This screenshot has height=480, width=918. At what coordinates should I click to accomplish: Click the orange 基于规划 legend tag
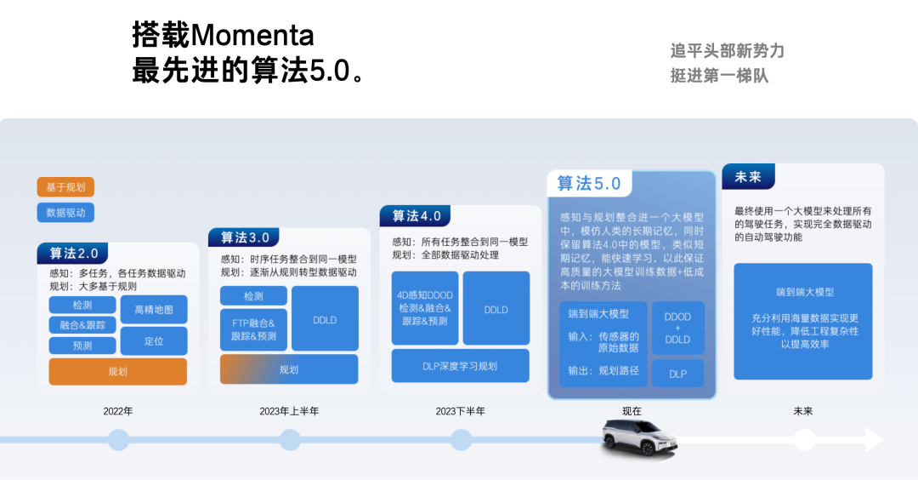pos(65,187)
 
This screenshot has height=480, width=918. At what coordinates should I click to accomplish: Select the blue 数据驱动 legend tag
pos(65,212)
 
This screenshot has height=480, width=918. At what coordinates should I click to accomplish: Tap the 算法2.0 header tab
pos(73,253)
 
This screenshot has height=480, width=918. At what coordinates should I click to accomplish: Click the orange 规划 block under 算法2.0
pos(117,372)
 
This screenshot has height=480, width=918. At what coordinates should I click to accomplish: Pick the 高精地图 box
pos(153,310)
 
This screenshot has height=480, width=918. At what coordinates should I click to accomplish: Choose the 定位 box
pos(153,341)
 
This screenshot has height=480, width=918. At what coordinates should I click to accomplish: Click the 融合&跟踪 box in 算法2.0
pos(82,325)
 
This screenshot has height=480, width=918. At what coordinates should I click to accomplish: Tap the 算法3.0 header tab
pos(244,237)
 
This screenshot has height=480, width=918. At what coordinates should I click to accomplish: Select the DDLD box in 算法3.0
pos(325,320)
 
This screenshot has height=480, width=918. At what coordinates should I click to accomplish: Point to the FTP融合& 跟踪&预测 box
pos(253,329)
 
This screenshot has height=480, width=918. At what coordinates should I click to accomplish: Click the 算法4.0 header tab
pos(416,215)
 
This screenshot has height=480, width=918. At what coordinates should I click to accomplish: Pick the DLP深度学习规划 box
pos(460,366)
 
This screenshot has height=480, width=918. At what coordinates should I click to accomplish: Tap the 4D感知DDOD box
pos(425,308)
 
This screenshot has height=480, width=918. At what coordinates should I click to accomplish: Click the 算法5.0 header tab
pos(589,184)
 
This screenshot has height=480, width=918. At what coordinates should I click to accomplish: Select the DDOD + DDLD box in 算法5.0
pos(678,329)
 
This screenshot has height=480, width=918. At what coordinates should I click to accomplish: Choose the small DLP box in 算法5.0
pos(678,374)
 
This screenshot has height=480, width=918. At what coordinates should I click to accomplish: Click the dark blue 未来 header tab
pos(748,176)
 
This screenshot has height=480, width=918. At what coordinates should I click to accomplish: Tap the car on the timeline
pos(639,437)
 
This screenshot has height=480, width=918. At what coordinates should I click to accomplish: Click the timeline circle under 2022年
pos(118,439)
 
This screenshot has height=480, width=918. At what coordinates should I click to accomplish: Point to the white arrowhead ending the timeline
pos(874,439)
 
